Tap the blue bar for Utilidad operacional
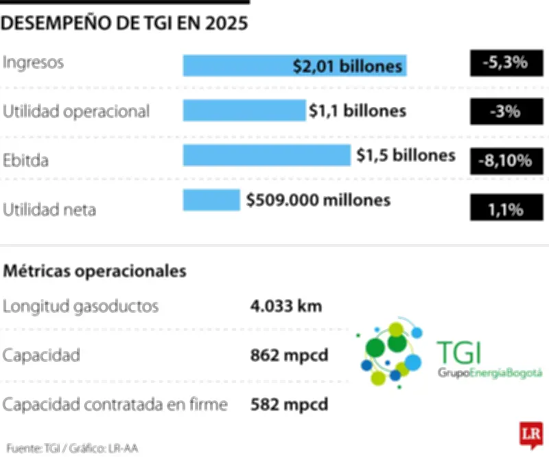tap(244, 110)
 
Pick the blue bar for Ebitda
tap(266, 155)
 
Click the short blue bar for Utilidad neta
tap(211, 200)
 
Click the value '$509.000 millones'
tap(318, 200)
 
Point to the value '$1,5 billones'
tap(406, 155)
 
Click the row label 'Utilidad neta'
tap(49, 209)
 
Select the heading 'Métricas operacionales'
tap(95, 271)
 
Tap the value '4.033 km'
tap(286, 305)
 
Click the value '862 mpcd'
tap(289, 355)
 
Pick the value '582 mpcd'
tap(289, 404)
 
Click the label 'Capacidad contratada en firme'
tap(115, 405)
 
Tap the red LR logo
tap(528, 434)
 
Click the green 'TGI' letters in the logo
tap(458, 353)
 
